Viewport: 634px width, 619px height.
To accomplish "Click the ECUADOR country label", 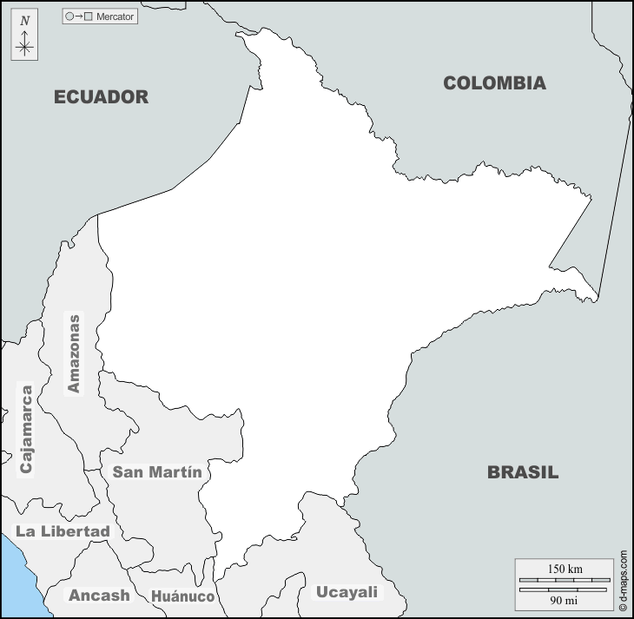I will pos(101,96).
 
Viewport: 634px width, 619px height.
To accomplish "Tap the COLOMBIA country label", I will pos(494,83).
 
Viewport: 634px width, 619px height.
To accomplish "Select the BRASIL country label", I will pos(522,473).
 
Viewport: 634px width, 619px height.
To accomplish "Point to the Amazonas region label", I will pos(74,353).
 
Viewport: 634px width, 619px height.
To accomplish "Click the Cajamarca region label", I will pos(26,429).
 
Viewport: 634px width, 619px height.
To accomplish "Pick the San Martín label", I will pos(157,472).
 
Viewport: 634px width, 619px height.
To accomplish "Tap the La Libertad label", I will pos(63,531).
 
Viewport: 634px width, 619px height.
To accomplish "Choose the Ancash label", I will pos(99,596).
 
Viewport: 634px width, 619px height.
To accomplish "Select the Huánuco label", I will pos(182,596).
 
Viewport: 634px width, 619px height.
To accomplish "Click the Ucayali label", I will pos(347,592).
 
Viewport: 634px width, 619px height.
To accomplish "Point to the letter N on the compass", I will pos(24,20).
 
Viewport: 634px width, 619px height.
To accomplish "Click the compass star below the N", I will pos(24,45).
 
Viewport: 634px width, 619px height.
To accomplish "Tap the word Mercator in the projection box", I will pos(116,16).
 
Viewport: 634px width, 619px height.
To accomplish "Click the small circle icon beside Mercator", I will pos(69,16).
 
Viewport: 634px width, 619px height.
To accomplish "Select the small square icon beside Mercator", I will pos(88,16).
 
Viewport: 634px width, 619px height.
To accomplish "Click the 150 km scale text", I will pos(565,569).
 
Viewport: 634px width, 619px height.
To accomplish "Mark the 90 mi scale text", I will pos(565,600).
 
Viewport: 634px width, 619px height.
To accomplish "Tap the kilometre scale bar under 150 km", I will pos(565,579).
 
